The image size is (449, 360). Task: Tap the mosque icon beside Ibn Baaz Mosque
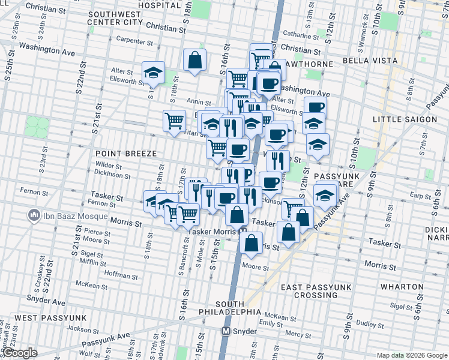coord(34,215)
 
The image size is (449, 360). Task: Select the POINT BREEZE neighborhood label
coord(122,153)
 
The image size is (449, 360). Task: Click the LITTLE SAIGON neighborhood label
coord(405,119)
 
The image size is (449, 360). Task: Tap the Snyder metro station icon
coord(227,331)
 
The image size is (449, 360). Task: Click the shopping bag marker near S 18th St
coord(195,60)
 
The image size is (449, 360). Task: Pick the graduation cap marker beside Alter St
coord(153,73)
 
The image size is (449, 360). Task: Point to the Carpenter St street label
coord(136,41)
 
